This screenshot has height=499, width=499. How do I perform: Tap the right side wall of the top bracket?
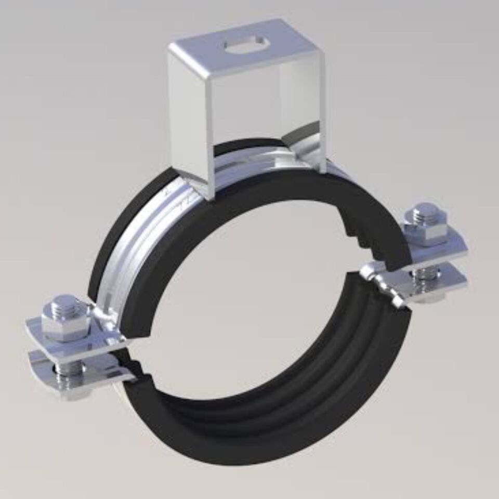point(307,104)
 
